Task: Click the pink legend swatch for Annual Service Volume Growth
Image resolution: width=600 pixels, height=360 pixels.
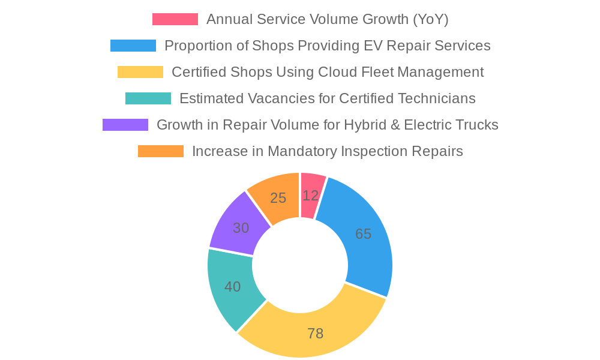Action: [175, 19]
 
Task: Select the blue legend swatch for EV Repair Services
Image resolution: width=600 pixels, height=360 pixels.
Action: [133, 46]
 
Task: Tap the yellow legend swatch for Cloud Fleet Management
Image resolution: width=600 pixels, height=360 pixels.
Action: [140, 72]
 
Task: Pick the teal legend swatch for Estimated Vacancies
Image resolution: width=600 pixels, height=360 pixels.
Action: [148, 98]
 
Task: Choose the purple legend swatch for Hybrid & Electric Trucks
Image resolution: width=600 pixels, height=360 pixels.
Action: [125, 125]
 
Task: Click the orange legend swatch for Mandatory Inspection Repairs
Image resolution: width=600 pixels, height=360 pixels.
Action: [161, 151]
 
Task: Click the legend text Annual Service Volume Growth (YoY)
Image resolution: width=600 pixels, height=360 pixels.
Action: [327, 19]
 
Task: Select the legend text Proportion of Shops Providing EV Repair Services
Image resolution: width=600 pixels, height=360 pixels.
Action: [327, 46]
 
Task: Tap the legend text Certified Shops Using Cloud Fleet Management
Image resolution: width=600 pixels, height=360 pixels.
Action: [327, 72]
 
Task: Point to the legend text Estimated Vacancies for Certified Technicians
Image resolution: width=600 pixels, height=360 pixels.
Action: [327, 98]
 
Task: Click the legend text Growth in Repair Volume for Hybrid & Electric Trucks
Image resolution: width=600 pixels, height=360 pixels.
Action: [327, 125]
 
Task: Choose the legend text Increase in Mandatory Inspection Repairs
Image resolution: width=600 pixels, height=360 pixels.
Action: [327, 151]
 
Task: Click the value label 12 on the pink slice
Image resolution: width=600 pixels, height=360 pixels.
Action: [311, 196]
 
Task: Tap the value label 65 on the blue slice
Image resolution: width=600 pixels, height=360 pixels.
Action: [363, 234]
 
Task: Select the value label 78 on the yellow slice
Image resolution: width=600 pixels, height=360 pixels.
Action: [316, 334]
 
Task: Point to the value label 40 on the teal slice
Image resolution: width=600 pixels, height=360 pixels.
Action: [233, 287]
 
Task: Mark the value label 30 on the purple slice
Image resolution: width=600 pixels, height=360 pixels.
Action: [241, 228]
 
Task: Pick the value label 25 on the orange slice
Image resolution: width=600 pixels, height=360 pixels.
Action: [278, 198]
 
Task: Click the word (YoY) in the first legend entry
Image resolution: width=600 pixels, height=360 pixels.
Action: [430, 19]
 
